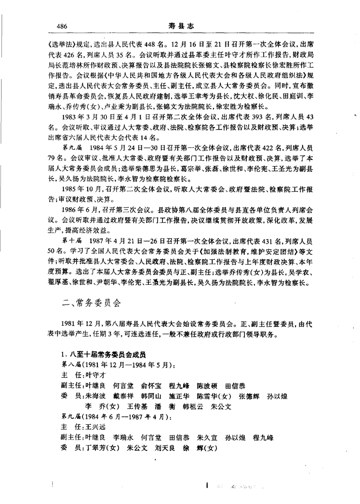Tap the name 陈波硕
(208, 386)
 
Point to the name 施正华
(179, 396)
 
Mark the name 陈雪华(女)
(212, 396)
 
